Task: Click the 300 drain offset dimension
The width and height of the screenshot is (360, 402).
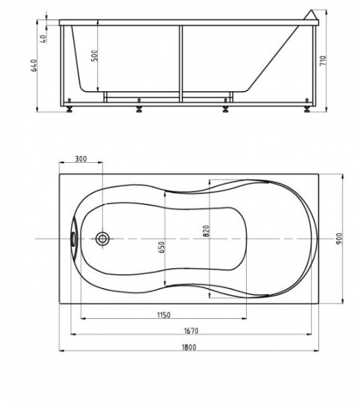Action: tap(80, 159)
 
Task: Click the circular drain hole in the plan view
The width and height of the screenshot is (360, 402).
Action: tap(103, 239)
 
